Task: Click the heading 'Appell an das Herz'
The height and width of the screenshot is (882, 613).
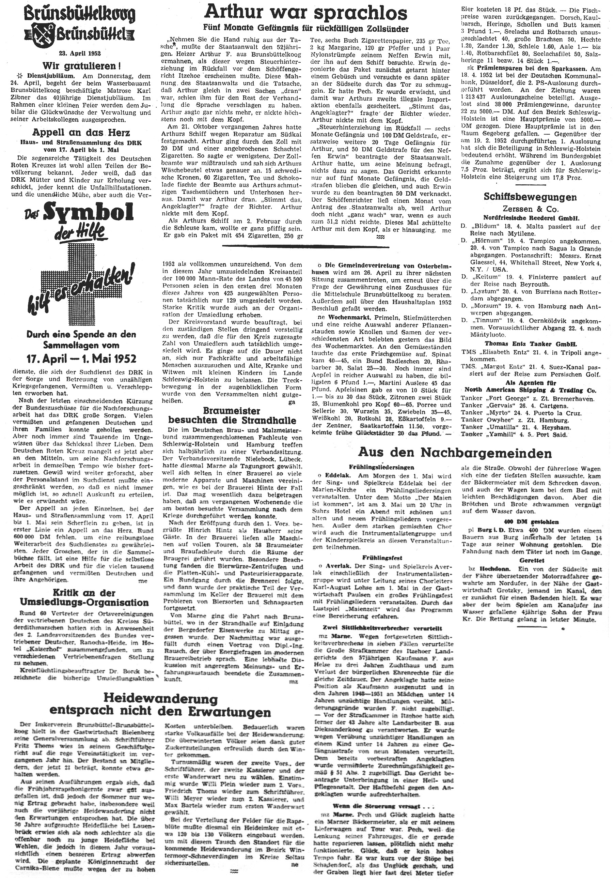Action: pos(81,133)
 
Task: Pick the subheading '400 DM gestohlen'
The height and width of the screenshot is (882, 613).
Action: pos(532,522)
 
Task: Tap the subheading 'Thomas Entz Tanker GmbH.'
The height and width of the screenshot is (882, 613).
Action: pos(531,344)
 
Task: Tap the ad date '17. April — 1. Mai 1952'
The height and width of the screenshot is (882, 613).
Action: pos(81,359)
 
